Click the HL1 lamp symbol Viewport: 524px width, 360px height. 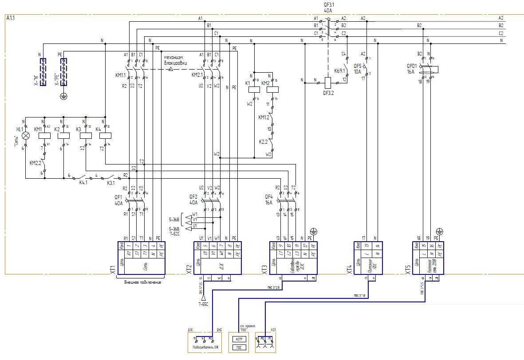25,136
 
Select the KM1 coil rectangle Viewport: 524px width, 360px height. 44,136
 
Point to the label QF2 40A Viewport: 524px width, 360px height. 193,200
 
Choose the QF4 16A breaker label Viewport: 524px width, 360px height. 269,200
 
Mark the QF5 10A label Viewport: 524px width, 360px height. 357,68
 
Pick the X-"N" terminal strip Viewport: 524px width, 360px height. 43,71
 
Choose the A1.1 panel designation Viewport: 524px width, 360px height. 11,18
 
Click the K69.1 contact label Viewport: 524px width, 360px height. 340,70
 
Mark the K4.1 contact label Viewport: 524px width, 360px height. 83,182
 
